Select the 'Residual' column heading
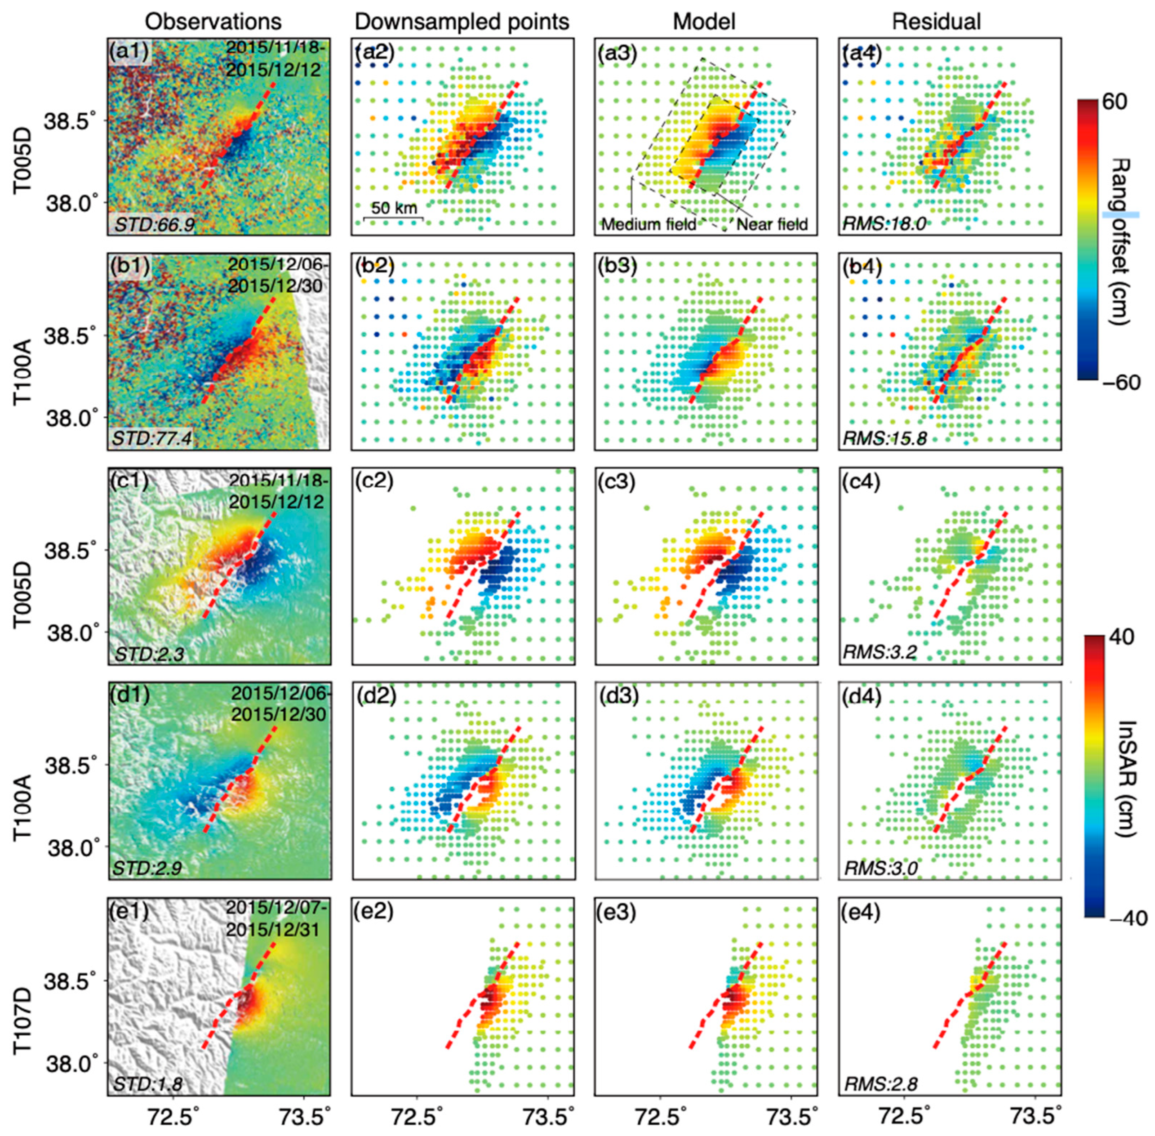pos(936,22)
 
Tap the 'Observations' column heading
pos(213,22)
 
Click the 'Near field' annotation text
pos(772,224)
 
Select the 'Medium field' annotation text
pos(649,224)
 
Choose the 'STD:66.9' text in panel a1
pos(145,224)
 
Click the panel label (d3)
pos(617,696)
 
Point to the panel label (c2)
pos(373,481)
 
